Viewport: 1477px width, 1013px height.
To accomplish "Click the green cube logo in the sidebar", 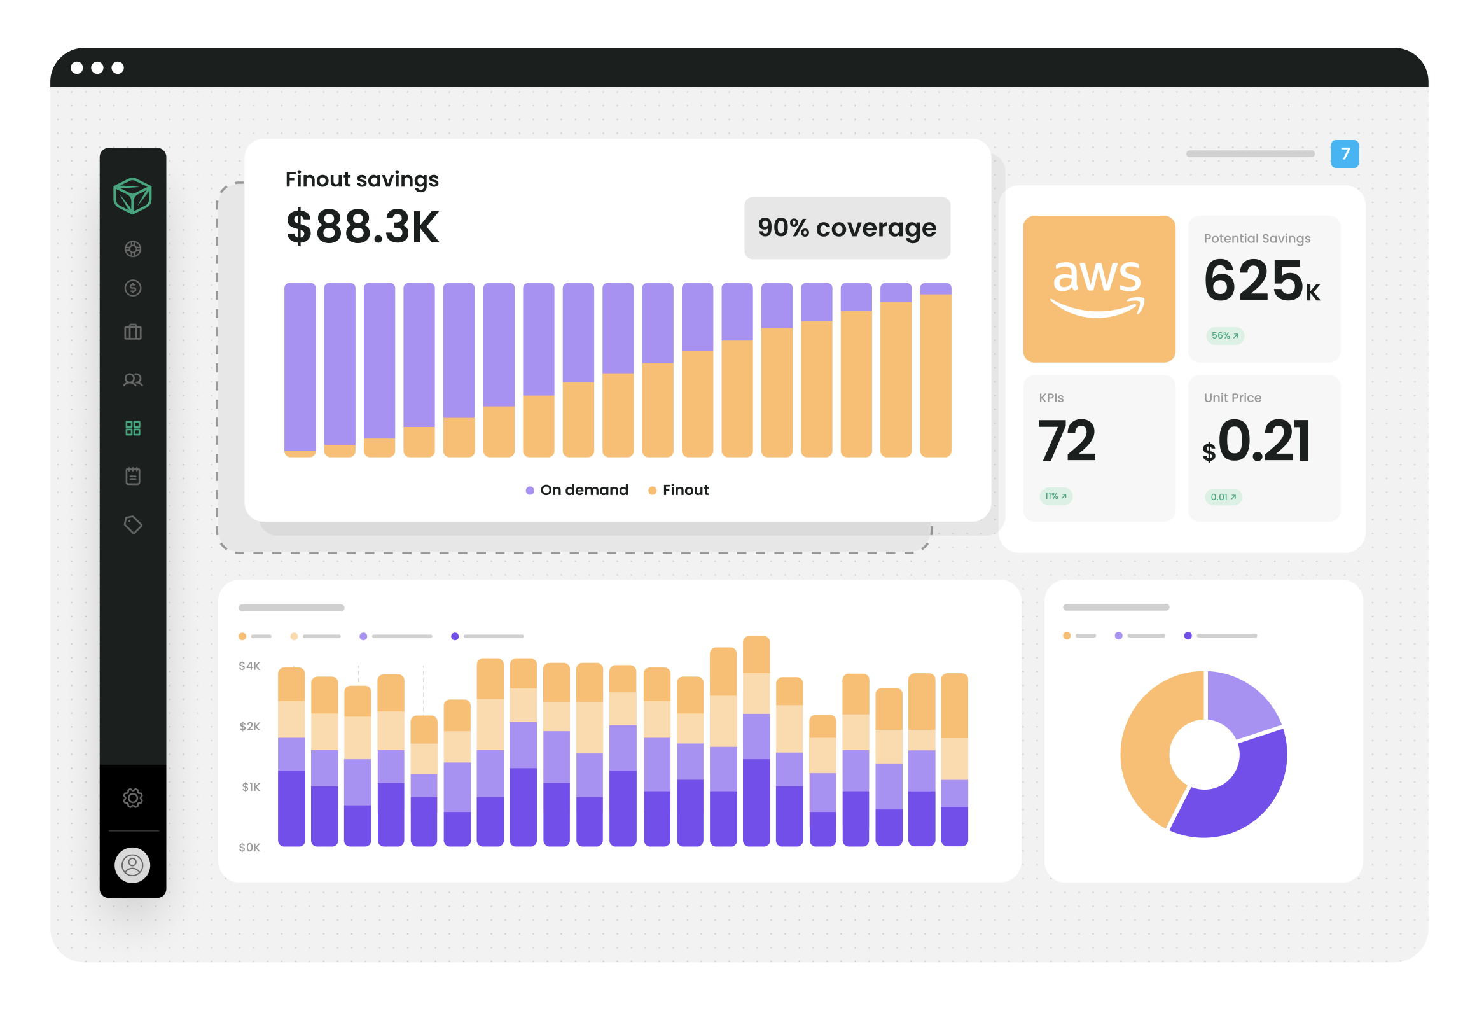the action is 132,195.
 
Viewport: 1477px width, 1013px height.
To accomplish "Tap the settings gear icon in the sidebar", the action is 133,797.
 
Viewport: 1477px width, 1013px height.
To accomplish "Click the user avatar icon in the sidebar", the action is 132,865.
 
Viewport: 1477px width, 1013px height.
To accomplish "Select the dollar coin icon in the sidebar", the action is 133,288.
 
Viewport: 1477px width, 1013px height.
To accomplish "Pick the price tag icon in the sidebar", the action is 133,525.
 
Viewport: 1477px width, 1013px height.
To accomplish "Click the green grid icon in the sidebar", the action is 133,428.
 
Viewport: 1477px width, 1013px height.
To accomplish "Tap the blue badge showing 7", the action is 1345,154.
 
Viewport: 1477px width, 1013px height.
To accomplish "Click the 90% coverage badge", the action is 847,228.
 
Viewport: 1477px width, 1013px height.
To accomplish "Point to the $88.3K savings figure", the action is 363,227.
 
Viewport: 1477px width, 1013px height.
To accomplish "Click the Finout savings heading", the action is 362,179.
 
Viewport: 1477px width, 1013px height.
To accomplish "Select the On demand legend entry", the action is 577,490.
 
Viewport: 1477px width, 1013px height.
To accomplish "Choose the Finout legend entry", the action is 678,490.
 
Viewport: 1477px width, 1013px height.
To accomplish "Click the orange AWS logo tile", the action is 1099,289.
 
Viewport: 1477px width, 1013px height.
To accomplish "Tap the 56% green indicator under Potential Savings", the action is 1224,335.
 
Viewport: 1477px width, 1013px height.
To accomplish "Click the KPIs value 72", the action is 1067,440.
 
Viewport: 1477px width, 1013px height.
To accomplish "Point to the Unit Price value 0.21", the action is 1256,440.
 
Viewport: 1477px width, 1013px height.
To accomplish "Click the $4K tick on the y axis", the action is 249,666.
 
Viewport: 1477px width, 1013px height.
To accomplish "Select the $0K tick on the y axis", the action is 249,848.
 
